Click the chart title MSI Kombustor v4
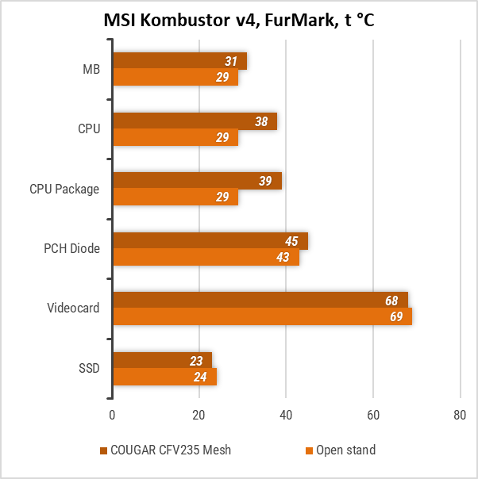(x=239, y=21)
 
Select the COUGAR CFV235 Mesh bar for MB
(x=179, y=61)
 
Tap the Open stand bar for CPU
(x=175, y=138)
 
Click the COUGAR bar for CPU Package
(x=197, y=181)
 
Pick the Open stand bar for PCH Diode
(x=206, y=258)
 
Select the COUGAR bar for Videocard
(x=260, y=301)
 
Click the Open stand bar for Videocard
(x=262, y=317)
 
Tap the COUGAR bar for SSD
(x=162, y=360)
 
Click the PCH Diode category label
(x=71, y=249)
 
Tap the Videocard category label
(x=74, y=308)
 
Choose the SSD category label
(x=89, y=369)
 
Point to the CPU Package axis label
(x=64, y=190)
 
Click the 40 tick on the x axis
(x=286, y=414)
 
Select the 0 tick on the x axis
(x=113, y=414)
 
